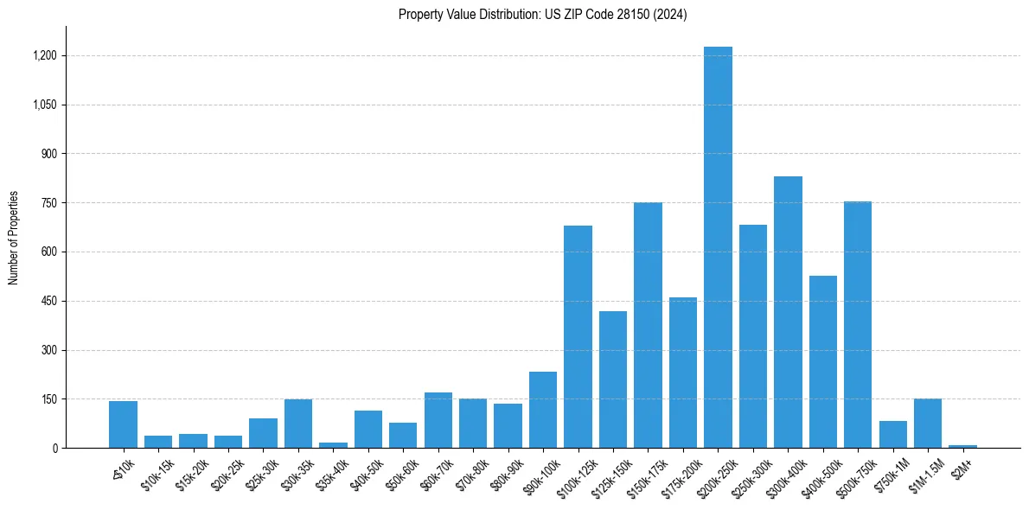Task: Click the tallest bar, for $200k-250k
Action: pos(718,247)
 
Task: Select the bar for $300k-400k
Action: pos(788,312)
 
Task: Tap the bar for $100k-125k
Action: pos(578,337)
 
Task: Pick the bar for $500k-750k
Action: pos(858,325)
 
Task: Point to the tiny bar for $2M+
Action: pos(962,446)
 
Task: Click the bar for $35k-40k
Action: pos(333,445)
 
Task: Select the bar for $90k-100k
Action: pos(543,410)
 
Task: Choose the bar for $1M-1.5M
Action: pos(928,424)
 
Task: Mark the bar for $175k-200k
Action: pos(683,373)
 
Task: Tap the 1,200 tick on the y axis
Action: pos(45,55)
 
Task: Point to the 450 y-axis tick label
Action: pos(50,301)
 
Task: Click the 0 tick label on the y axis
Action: pos(54,448)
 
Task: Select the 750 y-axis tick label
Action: pos(50,203)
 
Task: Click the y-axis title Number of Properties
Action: pos(14,238)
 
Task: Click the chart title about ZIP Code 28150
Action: pos(542,15)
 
